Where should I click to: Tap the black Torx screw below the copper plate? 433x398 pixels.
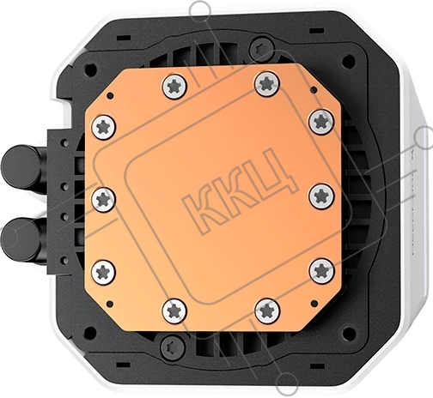pos(173,347)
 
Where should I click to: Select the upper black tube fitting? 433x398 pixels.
pos(23,166)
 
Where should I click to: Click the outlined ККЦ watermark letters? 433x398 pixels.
pos(240,190)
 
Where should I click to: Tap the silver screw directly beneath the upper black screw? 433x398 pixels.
pos(267,84)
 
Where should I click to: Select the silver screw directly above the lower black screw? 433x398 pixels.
pos(174,311)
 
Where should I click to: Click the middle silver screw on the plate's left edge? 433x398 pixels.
pos(103,200)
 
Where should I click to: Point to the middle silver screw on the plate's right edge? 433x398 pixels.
pos(321,196)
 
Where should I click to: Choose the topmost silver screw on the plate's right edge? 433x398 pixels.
pos(321,122)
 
